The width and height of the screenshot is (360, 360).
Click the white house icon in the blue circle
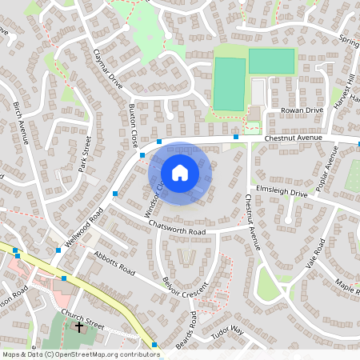click(180, 173)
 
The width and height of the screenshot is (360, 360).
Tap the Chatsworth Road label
click(178, 227)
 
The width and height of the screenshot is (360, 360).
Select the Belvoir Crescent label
click(185, 285)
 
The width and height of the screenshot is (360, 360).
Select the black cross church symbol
click(78, 326)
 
